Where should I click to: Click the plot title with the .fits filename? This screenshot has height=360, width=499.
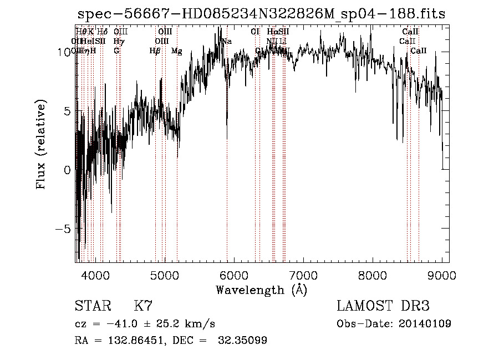point(261,14)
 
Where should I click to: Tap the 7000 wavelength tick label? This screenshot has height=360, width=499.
point(303,275)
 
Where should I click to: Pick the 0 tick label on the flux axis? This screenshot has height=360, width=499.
point(68,170)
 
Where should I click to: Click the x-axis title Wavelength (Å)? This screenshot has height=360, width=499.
point(261,290)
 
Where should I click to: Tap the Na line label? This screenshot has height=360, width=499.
point(227,41)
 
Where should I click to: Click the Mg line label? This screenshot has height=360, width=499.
point(176,51)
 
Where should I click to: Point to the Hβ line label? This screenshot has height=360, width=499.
point(155,51)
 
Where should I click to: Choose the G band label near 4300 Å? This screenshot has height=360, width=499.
point(116,51)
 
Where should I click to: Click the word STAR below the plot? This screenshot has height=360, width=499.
point(92,306)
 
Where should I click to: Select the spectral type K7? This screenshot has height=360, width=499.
point(143,306)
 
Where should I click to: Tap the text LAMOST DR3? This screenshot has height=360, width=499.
point(383,306)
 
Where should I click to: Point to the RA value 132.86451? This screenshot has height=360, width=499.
point(130,341)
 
